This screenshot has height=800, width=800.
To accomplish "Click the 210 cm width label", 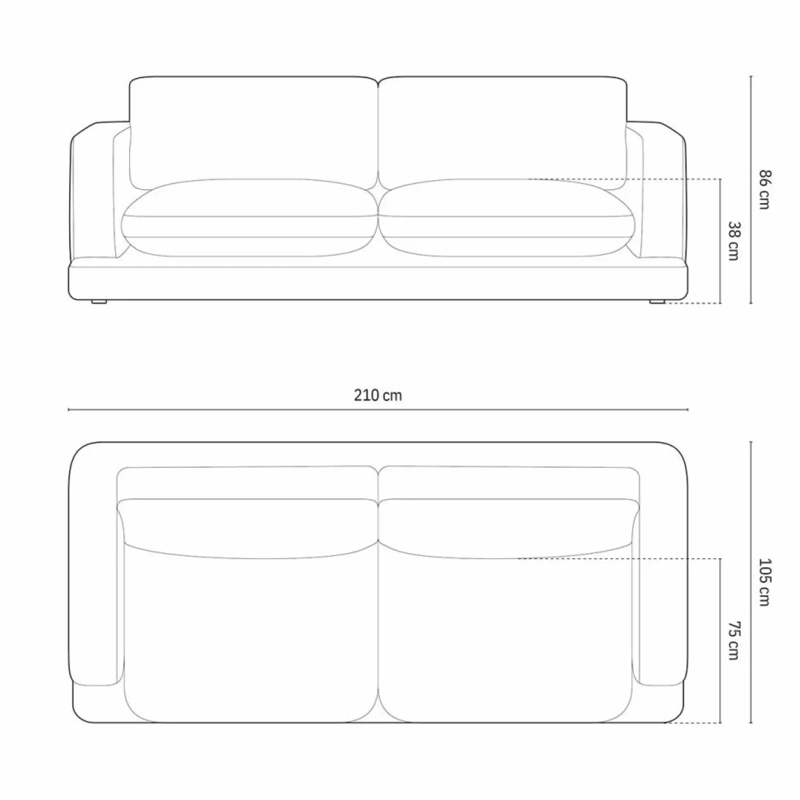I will pos(378,396).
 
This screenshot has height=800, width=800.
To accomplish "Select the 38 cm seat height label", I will pos(733,241).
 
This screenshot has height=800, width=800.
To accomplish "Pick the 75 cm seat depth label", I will pos(733,641).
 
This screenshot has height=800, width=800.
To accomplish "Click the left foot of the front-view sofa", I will pos(99,301).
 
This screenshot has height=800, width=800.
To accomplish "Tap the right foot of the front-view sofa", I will pos(656,301).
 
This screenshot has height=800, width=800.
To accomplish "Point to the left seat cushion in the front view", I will pos(250,218).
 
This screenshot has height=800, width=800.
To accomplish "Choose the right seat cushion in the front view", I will pos(507,218).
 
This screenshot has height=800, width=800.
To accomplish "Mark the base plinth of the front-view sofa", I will pos(378,282).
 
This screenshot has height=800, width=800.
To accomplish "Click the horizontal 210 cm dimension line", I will pos(242,410).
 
